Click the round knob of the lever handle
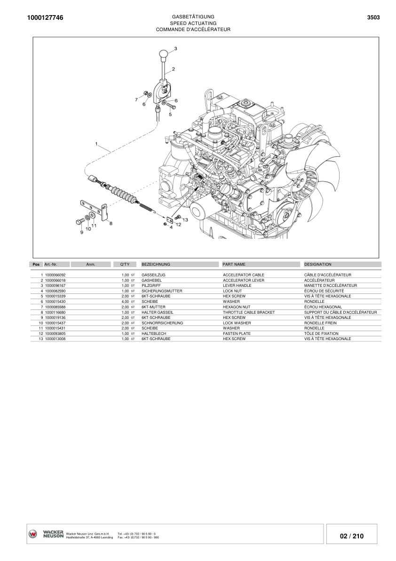[163, 55]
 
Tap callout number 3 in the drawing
[175, 49]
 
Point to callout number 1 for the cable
[96, 144]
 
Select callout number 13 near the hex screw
[185, 220]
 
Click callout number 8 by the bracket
[111, 223]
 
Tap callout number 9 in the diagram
[81, 232]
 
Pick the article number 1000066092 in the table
[55, 275]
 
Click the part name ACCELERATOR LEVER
[244, 280]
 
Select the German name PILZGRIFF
[151, 285]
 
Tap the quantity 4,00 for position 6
[125, 301]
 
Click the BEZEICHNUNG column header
[156, 265]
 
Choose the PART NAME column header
[234, 265]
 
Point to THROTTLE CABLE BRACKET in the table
[249, 312]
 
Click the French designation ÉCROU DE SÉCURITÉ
[324, 291]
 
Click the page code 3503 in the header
[373, 18]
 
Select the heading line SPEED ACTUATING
[193, 23]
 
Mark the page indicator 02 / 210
[351, 536]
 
